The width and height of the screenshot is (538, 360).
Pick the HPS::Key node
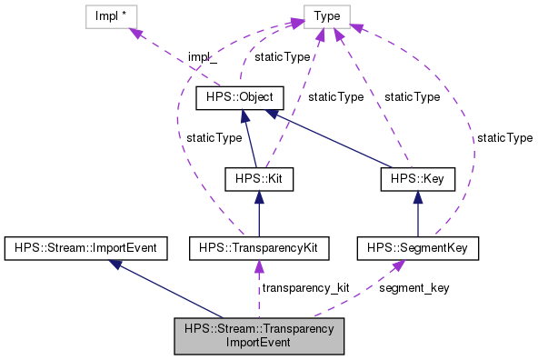[417, 179]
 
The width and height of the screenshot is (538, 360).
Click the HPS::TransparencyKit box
[259, 246]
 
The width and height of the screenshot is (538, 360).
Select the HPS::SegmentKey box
[417, 246]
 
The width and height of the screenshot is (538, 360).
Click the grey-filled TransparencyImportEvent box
[259, 335]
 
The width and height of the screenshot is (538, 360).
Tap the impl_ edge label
[203, 58]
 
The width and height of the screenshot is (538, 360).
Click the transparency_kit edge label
[305, 287]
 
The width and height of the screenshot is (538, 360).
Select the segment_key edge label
[413, 287]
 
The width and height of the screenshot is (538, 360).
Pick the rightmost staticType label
[504, 137]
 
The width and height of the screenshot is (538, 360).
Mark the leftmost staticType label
[214, 137]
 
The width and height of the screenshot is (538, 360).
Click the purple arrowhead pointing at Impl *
[136, 33]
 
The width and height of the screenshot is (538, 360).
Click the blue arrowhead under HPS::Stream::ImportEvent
[115, 263]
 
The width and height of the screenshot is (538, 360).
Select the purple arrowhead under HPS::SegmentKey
[398, 265]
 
